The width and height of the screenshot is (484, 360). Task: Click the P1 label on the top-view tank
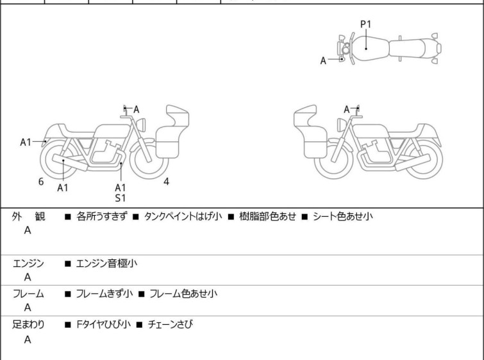pos(365,24)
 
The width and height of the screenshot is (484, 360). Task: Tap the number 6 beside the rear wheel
pos(41,182)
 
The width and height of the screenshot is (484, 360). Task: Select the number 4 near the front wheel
pos(166,182)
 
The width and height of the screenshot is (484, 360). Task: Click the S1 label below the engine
pos(121,198)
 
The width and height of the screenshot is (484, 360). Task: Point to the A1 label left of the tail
pos(26,142)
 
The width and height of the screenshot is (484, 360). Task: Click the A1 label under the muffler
pos(63,187)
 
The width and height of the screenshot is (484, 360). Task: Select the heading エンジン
pos(29,263)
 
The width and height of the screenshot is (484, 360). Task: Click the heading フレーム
pos(29,294)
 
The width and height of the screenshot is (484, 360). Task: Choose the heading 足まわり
pos(29,325)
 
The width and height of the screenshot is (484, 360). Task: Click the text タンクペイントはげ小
pos(183,217)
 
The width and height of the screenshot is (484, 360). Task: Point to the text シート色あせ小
pos(342,217)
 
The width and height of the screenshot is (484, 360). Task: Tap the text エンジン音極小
pos(106,263)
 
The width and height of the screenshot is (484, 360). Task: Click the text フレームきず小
pos(104,294)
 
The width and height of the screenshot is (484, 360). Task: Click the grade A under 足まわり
pos(28,340)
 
